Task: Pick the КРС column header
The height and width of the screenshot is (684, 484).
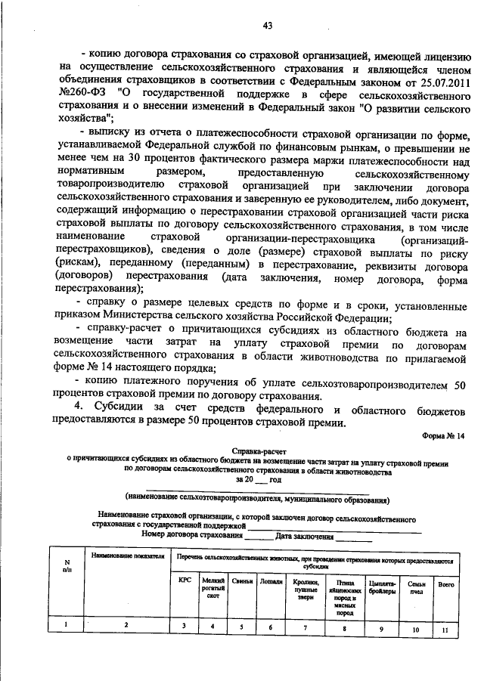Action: tap(185, 581)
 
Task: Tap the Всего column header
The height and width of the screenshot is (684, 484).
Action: tap(445, 583)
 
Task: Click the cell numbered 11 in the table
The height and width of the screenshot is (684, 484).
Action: tap(445, 628)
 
